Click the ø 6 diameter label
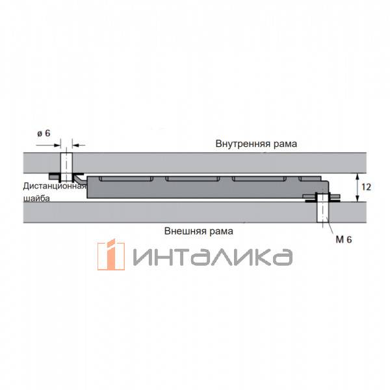click(44, 133)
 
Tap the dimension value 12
click(366, 187)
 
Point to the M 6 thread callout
click(344, 239)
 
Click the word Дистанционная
click(55, 186)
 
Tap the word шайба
click(36, 198)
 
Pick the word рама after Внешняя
click(221, 232)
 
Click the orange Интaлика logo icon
click(111, 254)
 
